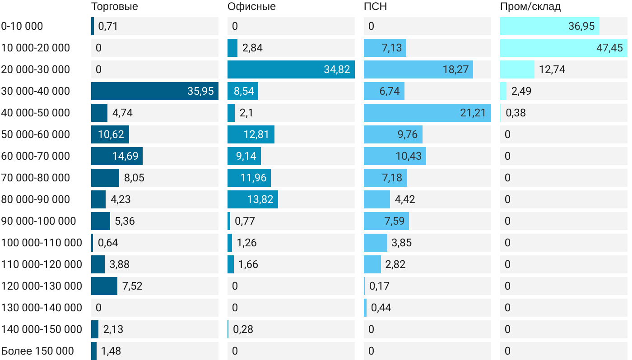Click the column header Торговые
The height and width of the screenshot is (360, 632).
click(114, 6)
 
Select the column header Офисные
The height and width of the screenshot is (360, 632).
click(251, 6)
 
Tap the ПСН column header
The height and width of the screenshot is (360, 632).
click(375, 6)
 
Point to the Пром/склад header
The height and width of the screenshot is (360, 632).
click(530, 6)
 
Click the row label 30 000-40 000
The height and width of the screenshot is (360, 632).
click(36, 91)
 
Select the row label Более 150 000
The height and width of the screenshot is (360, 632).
click(37, 351)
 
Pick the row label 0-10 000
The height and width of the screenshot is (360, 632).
click(22, 26)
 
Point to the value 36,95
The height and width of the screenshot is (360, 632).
click(581, 26)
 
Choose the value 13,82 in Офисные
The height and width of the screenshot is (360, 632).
click(260, 199)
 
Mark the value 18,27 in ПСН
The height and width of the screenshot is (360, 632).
click(455, 69)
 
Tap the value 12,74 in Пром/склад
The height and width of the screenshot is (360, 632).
click(552, 69)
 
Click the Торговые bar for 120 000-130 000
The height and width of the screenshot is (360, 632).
click(104, 286)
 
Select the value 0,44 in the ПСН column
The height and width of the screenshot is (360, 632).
click(381, 308)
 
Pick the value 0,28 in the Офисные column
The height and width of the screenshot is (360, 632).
click(243, 329)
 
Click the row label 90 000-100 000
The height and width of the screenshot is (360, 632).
click(38, 221)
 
